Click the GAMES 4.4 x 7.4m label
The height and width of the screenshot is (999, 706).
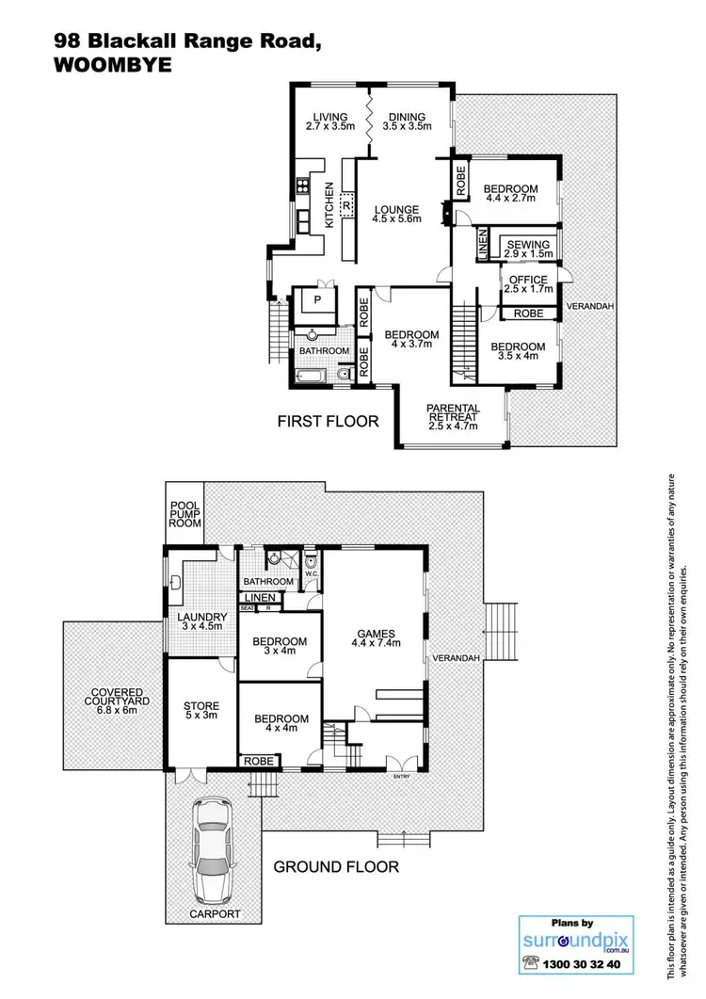click(376, 638)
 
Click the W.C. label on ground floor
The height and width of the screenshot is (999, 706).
click(313, 573)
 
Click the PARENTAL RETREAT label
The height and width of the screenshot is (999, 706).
click(454, 417)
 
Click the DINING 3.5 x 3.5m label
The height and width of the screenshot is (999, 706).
click(409, 121)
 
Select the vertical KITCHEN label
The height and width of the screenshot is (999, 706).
click(329, 205)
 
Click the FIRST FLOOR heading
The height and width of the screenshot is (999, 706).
click(328, 421)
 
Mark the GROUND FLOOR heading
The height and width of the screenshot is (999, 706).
click(336, 866)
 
